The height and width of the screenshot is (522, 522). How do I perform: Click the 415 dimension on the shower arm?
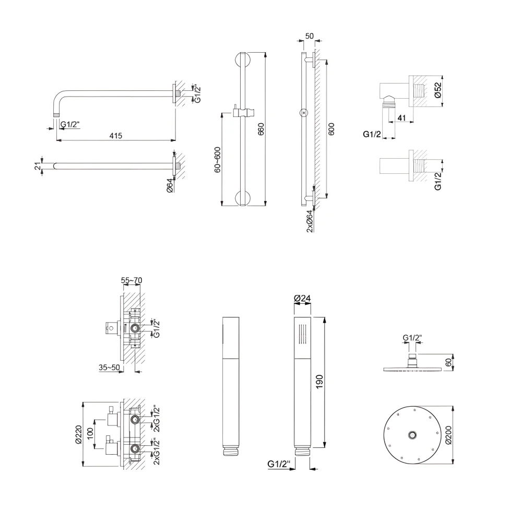point(115,136)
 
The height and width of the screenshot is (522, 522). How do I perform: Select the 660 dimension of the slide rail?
point(261,129)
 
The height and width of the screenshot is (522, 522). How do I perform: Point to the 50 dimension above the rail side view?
point(309,36)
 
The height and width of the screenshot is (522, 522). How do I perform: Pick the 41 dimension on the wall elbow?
point(401,118)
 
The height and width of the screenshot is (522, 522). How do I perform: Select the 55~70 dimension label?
point(132,281)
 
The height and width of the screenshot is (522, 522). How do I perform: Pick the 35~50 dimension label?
point(110,367)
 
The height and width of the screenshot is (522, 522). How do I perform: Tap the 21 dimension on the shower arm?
point(37,166)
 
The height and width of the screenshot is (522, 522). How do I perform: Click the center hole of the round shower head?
point(412,434)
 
